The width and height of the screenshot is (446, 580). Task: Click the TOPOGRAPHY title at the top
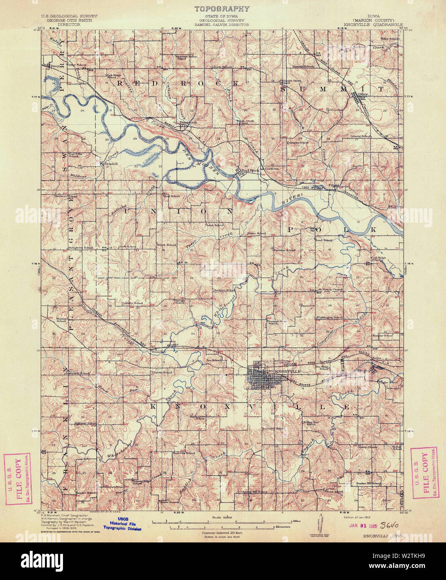(x=222, y=9)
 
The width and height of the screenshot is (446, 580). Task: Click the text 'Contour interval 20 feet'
(x=222, y=533)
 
